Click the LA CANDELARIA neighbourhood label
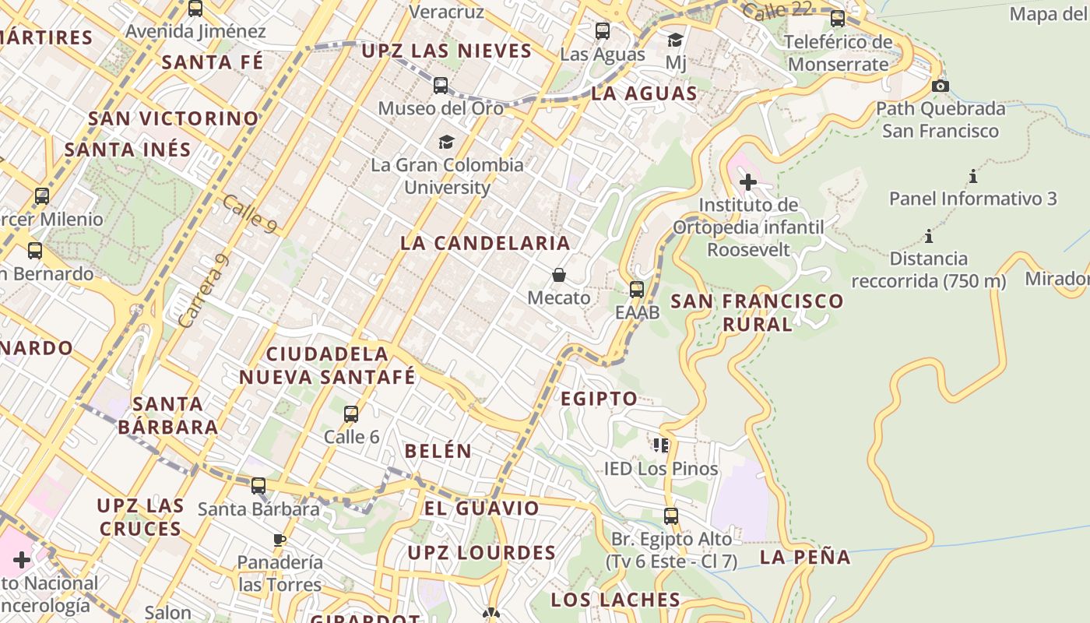pyautogui.click(x=485, y=243)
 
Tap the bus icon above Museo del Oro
pyautogui.click(x=441, y=86)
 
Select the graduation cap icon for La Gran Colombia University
pyautogui.click(x=446, y=142)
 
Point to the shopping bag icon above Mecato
pyautogui.click(x=559, y=275)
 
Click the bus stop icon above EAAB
pyautogui.click(x=637, y=290)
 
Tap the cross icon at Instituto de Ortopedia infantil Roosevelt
pyautogui.click(x=748, y=182)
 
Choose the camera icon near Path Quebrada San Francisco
pyautogui.click(x=941, y=86)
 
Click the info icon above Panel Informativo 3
pyautogui.click(x=973, y=176)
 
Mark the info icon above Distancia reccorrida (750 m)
pyautogui.click(x=928, y=236)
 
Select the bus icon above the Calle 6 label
pyautogui.click(x=351, y=414)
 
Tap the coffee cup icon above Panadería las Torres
pyautogui.click(x=280, y=539)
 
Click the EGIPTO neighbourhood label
pyautogui.click(x=599, y=399)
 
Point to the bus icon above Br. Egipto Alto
pyautogui.click(x=671, y=516)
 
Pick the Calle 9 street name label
pyautogui.click(x=249, y=213)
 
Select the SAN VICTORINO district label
pyautogui.click(x=173, y=119)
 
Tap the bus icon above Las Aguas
pyautogui.click(x=603, y=31)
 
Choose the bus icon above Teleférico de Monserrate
pyautogui.click(x=838, y=19)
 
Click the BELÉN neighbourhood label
pyautogui.click(x=438, y=451)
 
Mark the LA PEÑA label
pyautogui.click(x=805, y=558)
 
